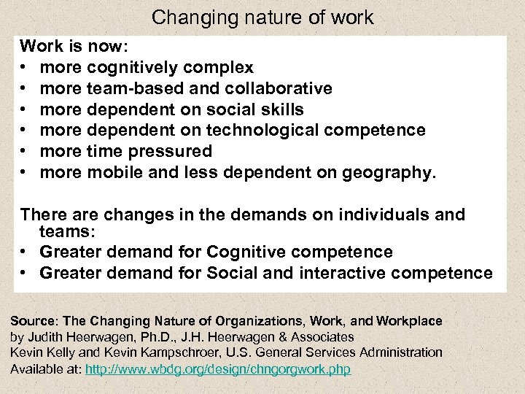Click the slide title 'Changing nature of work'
click(262, 17)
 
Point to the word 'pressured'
click(176, 151)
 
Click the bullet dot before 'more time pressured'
click(24, 152)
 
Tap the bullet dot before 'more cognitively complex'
click(24, 69)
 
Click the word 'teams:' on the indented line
click(63, 231)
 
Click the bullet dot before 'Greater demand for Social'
click(24, 274)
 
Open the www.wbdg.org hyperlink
click(218, 369)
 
